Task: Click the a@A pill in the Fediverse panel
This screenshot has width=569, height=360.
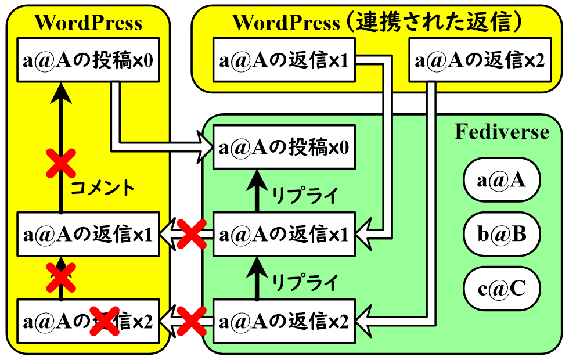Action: (x=502, y=179)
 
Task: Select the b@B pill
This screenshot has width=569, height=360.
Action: (x=502, y=234)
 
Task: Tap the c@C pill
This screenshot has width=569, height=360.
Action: (x=502, y=289)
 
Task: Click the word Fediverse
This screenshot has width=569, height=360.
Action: (x=502, y=131)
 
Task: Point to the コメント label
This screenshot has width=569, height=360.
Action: (x=102, y=188)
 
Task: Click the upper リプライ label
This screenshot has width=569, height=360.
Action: (x=305, y=195)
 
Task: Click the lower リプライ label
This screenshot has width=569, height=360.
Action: (x=305, y=282)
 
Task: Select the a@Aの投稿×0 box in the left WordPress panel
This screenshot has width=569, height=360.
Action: (x=88, y=60)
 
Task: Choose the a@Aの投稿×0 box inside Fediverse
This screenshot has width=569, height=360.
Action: (x=284, y=147)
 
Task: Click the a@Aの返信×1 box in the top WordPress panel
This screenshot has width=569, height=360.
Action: (x=284, y=60)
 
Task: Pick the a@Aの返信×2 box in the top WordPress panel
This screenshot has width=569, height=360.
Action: (x=480, y=60)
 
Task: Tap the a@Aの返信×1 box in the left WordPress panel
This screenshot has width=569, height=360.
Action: (x=88, y=234)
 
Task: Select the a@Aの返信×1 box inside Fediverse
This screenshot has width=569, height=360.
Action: (x=284, y=234)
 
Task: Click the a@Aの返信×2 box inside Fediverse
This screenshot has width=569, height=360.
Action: (x=284, y=321)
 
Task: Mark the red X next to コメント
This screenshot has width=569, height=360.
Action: (x=61, y=163)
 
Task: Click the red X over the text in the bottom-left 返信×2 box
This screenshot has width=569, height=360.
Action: (x=105, y=321)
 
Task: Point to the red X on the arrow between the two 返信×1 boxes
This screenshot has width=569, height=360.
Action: (x=192, y=234)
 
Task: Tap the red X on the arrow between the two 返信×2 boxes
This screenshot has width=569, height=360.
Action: (x=192, y=321)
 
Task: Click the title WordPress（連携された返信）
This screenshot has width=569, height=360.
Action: (x=377, y=22)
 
